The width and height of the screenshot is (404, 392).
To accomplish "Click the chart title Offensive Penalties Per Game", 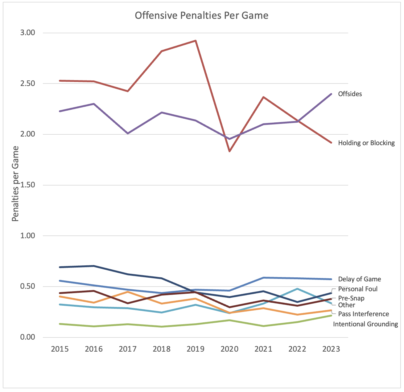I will [202, 15].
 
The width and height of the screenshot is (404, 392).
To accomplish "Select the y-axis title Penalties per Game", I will [15, 184].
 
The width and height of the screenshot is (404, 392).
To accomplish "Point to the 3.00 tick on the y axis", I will [28, 33].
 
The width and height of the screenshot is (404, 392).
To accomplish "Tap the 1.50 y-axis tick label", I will [28, 185].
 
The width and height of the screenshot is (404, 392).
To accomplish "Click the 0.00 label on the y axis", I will [28, 337].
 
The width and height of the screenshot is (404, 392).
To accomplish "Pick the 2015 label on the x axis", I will [60, 349].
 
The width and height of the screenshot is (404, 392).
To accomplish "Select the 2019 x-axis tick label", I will [196, 349].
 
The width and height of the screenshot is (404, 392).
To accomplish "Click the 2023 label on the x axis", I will [331, 349].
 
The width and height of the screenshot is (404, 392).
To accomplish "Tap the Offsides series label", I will [350, 94].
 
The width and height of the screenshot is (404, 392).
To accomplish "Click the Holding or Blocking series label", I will [366, 143].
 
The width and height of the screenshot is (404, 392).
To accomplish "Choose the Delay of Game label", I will [360, 279].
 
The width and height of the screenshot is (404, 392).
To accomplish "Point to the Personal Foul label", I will [358, 289].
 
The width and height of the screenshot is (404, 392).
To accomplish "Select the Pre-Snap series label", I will [351, 298].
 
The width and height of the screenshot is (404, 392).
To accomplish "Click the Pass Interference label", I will [364, 314].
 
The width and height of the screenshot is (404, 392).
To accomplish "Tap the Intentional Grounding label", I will [365, 324].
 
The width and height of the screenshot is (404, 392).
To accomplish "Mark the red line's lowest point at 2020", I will [229, 151].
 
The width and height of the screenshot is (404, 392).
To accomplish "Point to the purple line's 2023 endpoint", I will [331, 94].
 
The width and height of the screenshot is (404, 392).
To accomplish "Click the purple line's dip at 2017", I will [128, 133].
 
